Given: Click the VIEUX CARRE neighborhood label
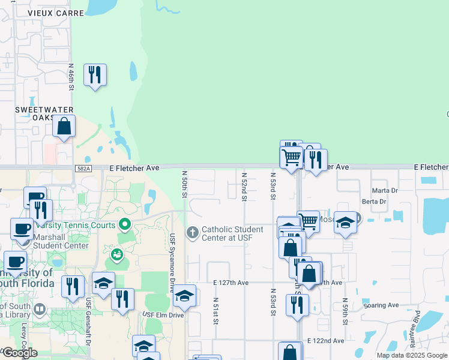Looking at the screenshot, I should (39, 13).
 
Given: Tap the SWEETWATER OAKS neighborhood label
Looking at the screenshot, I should (44, 113).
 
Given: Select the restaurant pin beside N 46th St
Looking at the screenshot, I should (95, 76).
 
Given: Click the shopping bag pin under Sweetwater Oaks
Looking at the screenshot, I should (64, 127).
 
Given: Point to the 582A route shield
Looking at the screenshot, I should (83, 169).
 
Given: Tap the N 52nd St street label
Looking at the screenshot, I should (244, 187).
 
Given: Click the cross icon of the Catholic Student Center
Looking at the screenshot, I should (193, 232).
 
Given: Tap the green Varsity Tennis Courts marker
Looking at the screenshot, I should (125, 225).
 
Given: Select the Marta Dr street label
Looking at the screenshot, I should (385, 191).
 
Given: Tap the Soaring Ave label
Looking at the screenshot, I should (381, 305).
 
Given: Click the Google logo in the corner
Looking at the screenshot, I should (19, 352).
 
